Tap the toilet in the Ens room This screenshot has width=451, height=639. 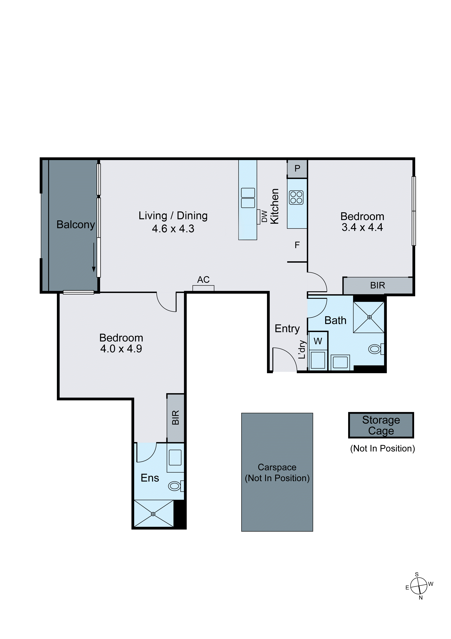point(175,486)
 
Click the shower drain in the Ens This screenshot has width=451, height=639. point(153,514)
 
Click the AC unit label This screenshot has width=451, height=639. point(203,280)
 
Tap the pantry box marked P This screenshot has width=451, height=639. point(297,168)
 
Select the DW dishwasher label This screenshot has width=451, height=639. point(265,216)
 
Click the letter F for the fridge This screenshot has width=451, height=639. point(297,245)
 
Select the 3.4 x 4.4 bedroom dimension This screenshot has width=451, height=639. point(362,227)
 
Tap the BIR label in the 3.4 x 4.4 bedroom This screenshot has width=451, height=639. point(377,286)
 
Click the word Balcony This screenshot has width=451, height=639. point(76,225)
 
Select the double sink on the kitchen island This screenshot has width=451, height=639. point(248,198)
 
